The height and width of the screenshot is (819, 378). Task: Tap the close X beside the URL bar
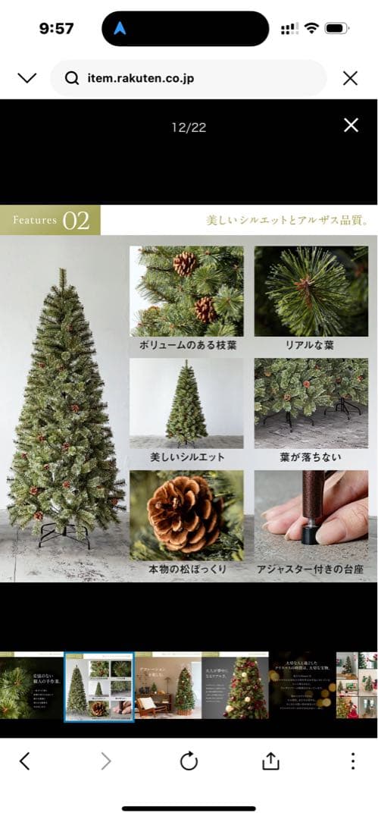[x=350, y=78]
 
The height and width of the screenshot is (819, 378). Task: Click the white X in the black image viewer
[x=351, y=125]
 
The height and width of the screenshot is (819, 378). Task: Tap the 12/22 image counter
[x=189, y=127]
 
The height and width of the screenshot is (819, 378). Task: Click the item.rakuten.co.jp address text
[x=140, y=78]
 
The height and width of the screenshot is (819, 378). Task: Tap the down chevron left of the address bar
[x=27, y=78]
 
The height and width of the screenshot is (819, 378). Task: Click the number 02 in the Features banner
[x=76, y=221]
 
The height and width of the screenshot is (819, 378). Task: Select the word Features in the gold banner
[x=35, y=221]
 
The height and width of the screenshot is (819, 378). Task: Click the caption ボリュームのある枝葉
[x=187, y=345]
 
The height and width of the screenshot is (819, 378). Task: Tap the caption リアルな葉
[x=311, y=345]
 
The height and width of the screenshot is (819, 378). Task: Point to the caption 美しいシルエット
[x=187, y=458]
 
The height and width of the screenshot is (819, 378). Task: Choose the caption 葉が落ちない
[x=311, y=458]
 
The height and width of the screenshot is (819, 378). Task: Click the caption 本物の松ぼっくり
[x=187, y=570]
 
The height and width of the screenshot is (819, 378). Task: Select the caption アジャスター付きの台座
[x=311, y=570]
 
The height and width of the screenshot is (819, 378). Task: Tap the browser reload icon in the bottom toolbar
[x=189, y=761]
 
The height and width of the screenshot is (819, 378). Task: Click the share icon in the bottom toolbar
[x=270, y=761]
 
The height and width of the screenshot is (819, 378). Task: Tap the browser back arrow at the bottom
[x=24, y=761]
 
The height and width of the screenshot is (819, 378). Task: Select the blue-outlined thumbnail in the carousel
[x=99, y=687]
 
